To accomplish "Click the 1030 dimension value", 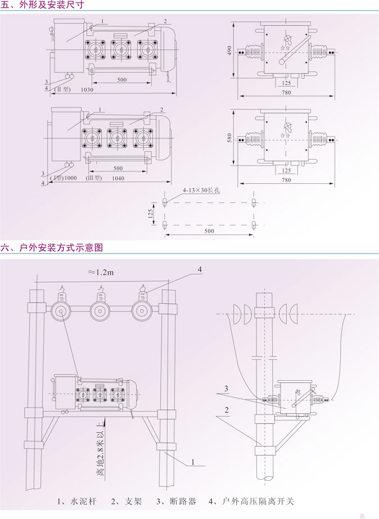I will [x=87, y=90].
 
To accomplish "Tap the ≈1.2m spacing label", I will [x=101, y=272].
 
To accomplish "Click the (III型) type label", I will [x=92, y=178].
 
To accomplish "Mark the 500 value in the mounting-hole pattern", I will [x=209, y=231].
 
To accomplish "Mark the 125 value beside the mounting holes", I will [x=158, y=214].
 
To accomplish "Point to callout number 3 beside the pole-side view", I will [x=225, y=389].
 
